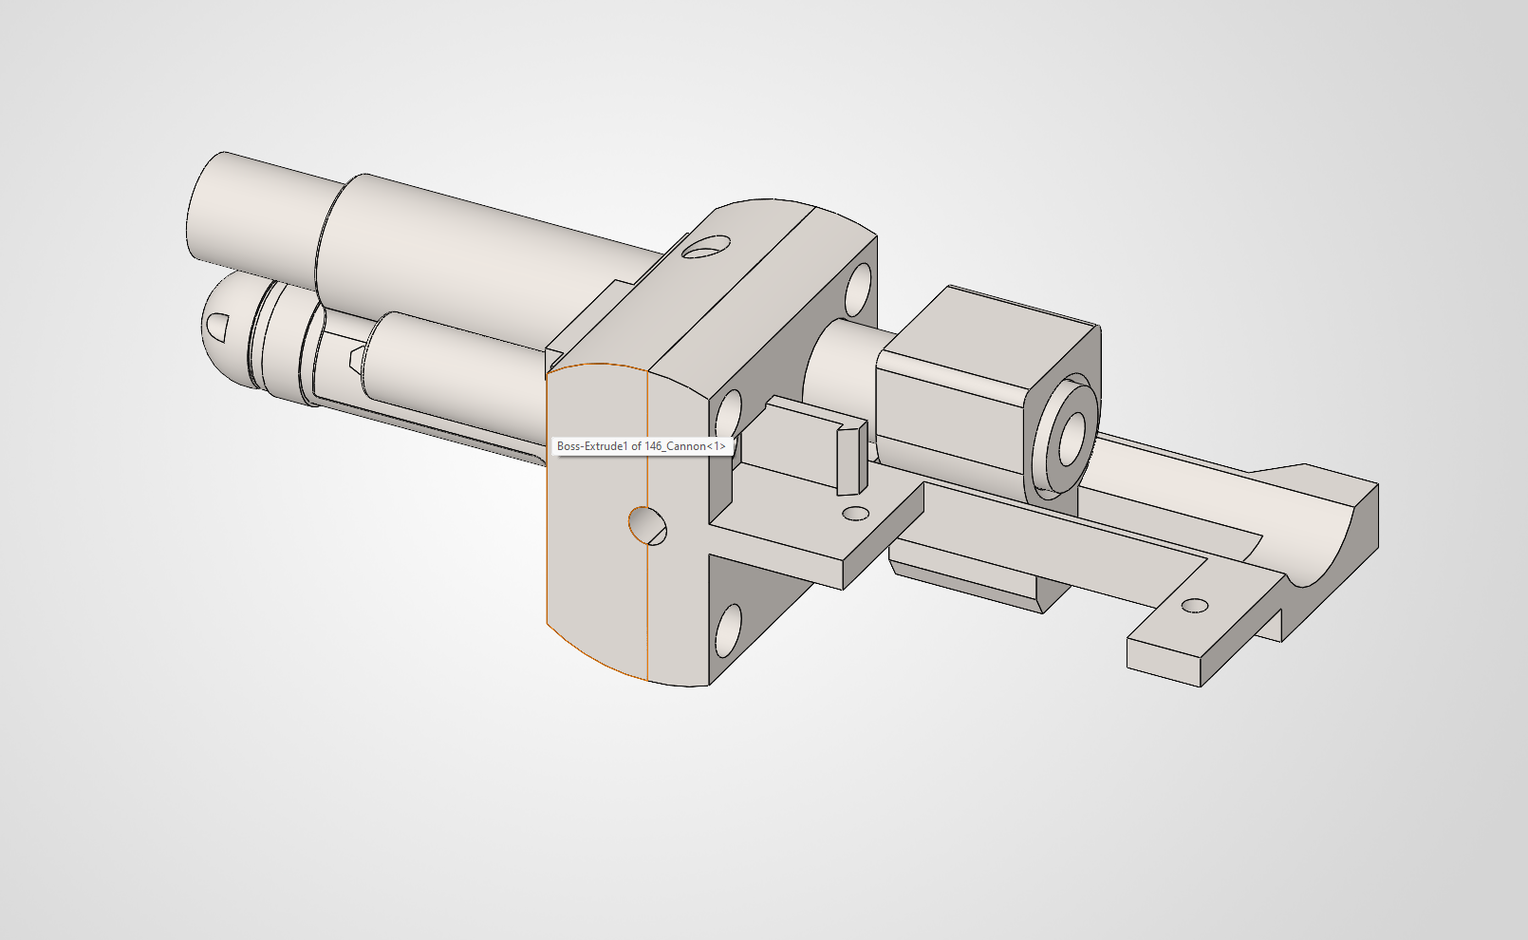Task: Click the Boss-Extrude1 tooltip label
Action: click(641, 446)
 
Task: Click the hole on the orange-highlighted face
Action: click(648, 525)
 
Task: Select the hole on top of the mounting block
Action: click(706, 249)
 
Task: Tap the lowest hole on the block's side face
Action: click(728, 630)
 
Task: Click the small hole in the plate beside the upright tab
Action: click(856, 514)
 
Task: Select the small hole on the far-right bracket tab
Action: click(1194, 606)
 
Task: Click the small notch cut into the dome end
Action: click(216, 327)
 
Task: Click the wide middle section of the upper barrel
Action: click(456, 256)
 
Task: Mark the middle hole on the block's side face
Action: click(728, 415)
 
